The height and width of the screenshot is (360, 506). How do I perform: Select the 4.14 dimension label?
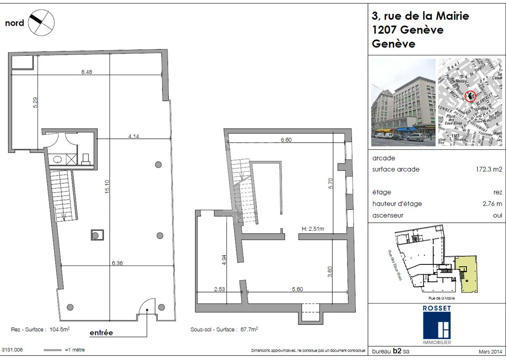[x=134, y=136]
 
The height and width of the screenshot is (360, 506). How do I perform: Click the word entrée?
[x=101, y=333]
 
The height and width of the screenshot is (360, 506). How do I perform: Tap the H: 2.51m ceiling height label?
[x=312, y=229]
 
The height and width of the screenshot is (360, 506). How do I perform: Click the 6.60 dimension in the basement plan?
[x=286, y=139]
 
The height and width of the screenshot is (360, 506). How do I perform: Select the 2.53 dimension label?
[x=219, y=289]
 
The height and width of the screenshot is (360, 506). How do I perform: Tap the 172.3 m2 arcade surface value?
[x=489, y=170]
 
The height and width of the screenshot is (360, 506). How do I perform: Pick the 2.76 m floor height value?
[x=493, y=204]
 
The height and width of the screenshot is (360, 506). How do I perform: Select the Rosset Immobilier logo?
[x=436, y=324]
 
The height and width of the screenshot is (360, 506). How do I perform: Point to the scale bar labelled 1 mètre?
[x=53, y=350]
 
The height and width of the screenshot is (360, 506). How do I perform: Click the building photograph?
[x=403, y=103]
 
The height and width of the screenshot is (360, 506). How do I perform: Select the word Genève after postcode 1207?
[x=422, y=30]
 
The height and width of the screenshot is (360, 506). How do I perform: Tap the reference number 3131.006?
[x=12, y=350]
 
